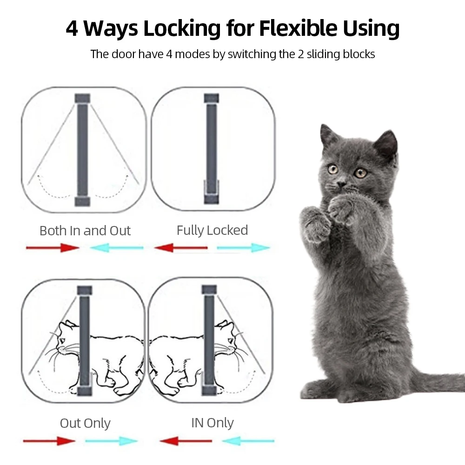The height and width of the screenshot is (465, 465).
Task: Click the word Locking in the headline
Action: point(182,28)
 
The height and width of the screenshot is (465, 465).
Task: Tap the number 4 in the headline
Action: point(72,28)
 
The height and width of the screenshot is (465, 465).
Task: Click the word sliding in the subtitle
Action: point(323,54)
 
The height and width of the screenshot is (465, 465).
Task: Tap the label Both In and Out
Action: point(85,231)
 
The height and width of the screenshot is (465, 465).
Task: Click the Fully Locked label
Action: point(213,231)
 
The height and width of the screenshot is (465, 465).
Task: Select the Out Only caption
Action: point(85,423)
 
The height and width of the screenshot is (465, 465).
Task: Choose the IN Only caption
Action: point(213,423)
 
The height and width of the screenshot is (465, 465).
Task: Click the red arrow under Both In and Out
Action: point(53,248)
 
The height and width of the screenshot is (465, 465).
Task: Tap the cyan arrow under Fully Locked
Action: point(243,248)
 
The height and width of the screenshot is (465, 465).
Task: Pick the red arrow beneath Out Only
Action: point(49,441)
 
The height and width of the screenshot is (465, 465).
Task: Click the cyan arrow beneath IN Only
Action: point(248,441)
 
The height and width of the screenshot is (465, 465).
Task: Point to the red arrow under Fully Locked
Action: point(181,248)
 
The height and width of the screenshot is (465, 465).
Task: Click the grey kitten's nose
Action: point(341,184)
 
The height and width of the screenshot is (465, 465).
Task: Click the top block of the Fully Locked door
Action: point(212,98)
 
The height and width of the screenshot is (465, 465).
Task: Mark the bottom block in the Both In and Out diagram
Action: point(82,201)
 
